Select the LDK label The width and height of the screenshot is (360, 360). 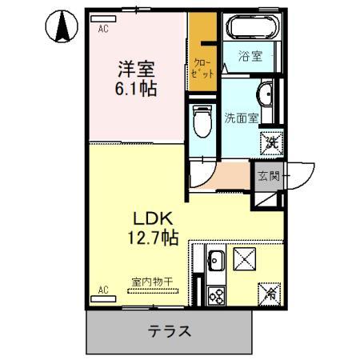pos(148,218)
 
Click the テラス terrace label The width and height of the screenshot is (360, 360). pos(169,330)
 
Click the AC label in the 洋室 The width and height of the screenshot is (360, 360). pos(103,29)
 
